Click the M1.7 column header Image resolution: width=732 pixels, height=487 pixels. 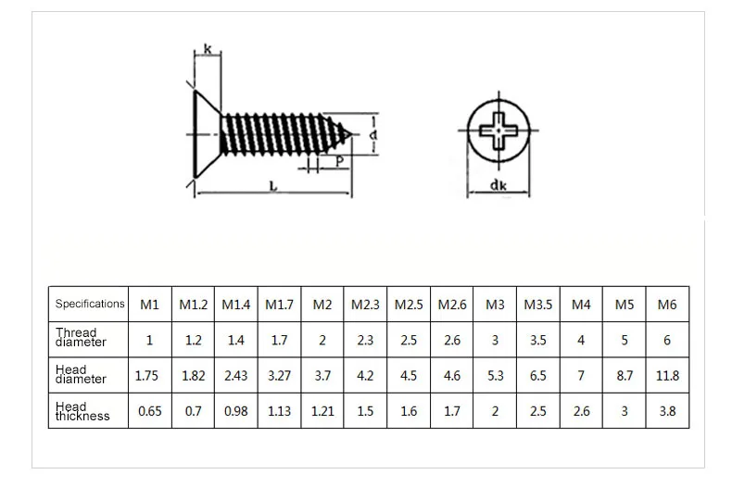pos(279,304)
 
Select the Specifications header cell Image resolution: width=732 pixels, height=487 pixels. pos(89,303)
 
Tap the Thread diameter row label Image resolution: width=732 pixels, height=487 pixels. pos(81,338)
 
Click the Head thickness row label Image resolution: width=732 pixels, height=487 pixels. pos(82,411)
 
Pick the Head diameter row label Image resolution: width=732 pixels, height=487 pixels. pos(81,375)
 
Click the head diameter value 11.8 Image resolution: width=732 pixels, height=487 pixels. pos(667,376)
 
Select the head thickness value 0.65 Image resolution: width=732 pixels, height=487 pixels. pos(149,411)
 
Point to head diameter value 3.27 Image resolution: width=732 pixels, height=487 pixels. pos(279,376)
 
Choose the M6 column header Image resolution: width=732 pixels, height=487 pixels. pos(667,304)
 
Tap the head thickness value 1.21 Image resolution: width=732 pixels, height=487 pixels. pos(322,411)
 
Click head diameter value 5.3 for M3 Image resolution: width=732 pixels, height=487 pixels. pos(495,376)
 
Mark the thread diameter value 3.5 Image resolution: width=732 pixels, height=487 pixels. pos(537,340)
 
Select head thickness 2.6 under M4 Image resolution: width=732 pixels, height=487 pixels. pos(581,411)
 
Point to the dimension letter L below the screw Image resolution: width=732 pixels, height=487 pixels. pos(273,186)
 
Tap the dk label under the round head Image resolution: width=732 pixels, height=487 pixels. pos(499,186)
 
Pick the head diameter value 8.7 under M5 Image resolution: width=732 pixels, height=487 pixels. pos(624,376)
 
